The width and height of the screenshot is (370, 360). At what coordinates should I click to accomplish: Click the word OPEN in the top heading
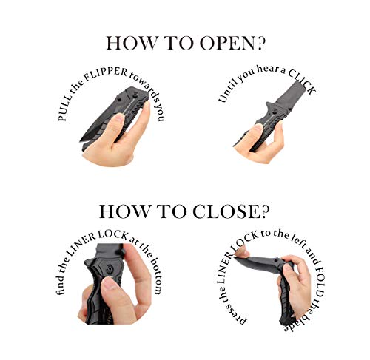(x=222, y=43)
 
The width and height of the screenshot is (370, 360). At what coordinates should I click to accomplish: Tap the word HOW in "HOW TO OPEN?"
(x=128, y=43)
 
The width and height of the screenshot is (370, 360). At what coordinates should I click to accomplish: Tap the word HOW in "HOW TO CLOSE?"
(x=122, y=212)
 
